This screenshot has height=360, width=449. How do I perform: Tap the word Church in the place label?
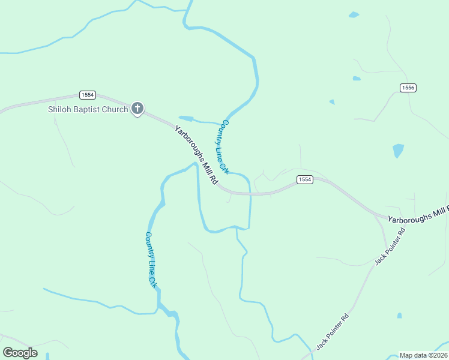click(114, 109)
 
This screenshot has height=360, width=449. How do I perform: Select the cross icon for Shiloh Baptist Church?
click(137, 109)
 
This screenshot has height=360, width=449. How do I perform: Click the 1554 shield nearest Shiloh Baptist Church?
click(88, 95)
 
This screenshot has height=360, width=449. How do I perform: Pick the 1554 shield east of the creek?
click(305, 180)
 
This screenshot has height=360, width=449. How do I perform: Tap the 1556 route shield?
click(408, 88)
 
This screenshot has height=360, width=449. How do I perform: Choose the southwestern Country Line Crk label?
click(151, 260)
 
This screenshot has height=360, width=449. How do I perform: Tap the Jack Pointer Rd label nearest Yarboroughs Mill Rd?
click(390, 246)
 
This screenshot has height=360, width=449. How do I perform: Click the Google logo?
click(20, 353)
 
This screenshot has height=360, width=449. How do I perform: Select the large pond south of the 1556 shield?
click(398, 150)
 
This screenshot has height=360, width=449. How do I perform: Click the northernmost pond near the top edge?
click(354, 14)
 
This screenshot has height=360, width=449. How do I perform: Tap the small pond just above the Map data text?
click(399, 315)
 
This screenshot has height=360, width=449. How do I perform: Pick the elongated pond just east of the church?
click(186, 118)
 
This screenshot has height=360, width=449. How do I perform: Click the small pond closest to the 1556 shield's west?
click(357, 78)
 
